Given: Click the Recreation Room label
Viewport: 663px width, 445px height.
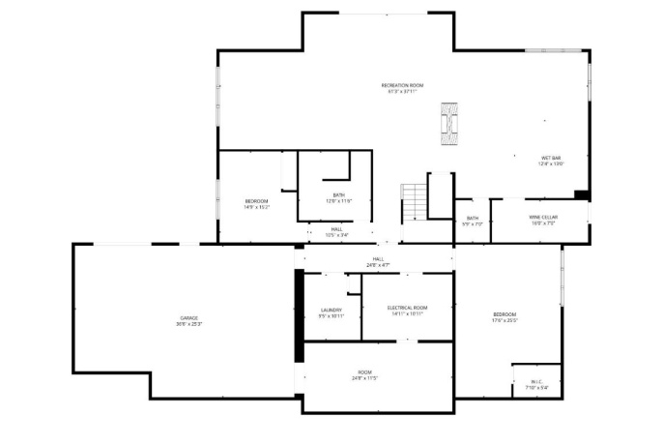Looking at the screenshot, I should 402,86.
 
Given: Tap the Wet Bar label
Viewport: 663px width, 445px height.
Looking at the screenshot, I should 551,158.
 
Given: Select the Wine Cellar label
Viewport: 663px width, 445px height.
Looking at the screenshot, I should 541,218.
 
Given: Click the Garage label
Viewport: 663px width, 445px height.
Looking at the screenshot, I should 187,317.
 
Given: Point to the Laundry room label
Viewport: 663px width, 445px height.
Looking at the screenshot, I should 331,311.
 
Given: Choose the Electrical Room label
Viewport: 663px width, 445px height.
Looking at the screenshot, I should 407,308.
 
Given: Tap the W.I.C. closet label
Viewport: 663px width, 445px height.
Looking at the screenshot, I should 537,381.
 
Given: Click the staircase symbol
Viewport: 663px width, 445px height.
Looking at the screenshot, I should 413,202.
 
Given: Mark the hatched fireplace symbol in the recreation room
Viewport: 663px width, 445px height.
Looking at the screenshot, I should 449,123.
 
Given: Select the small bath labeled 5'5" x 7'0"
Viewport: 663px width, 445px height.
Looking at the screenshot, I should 472,221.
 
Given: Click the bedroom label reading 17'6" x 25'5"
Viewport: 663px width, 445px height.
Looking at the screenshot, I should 504,316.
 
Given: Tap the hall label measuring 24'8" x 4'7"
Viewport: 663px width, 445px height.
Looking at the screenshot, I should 378,261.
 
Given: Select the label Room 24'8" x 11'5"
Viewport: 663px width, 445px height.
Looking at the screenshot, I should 364,373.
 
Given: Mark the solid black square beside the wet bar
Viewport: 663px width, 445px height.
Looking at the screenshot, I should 581,195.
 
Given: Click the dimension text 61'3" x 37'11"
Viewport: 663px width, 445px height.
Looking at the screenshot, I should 402,92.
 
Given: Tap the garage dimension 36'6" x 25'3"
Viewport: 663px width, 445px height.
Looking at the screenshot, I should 187,323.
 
